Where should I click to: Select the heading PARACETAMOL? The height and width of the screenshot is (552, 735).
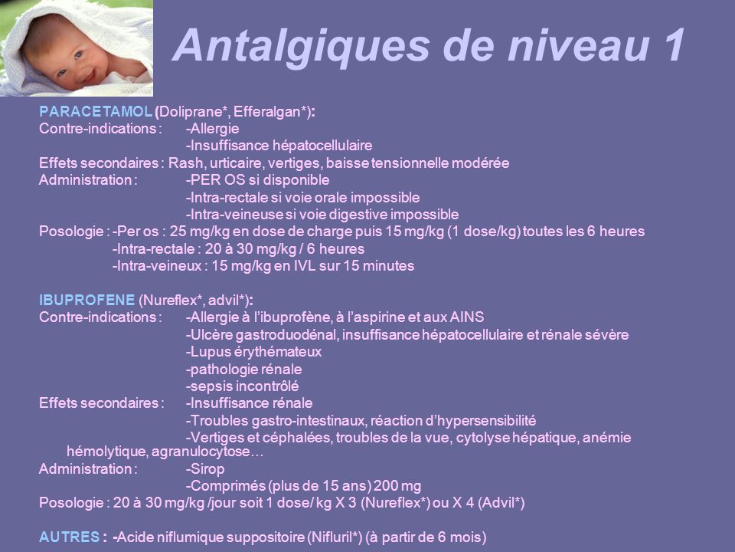point(95,112)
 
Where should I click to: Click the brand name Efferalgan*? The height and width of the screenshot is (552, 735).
point(271,112)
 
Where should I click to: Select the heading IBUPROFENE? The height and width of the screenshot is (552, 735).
point(87,300)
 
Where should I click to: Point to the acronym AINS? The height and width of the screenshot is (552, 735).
point(467,317)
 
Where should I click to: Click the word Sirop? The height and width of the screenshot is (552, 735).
point(207,469)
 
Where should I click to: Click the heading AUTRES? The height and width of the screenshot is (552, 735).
point(70,537)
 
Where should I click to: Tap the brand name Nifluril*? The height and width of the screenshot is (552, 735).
point(335,537)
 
